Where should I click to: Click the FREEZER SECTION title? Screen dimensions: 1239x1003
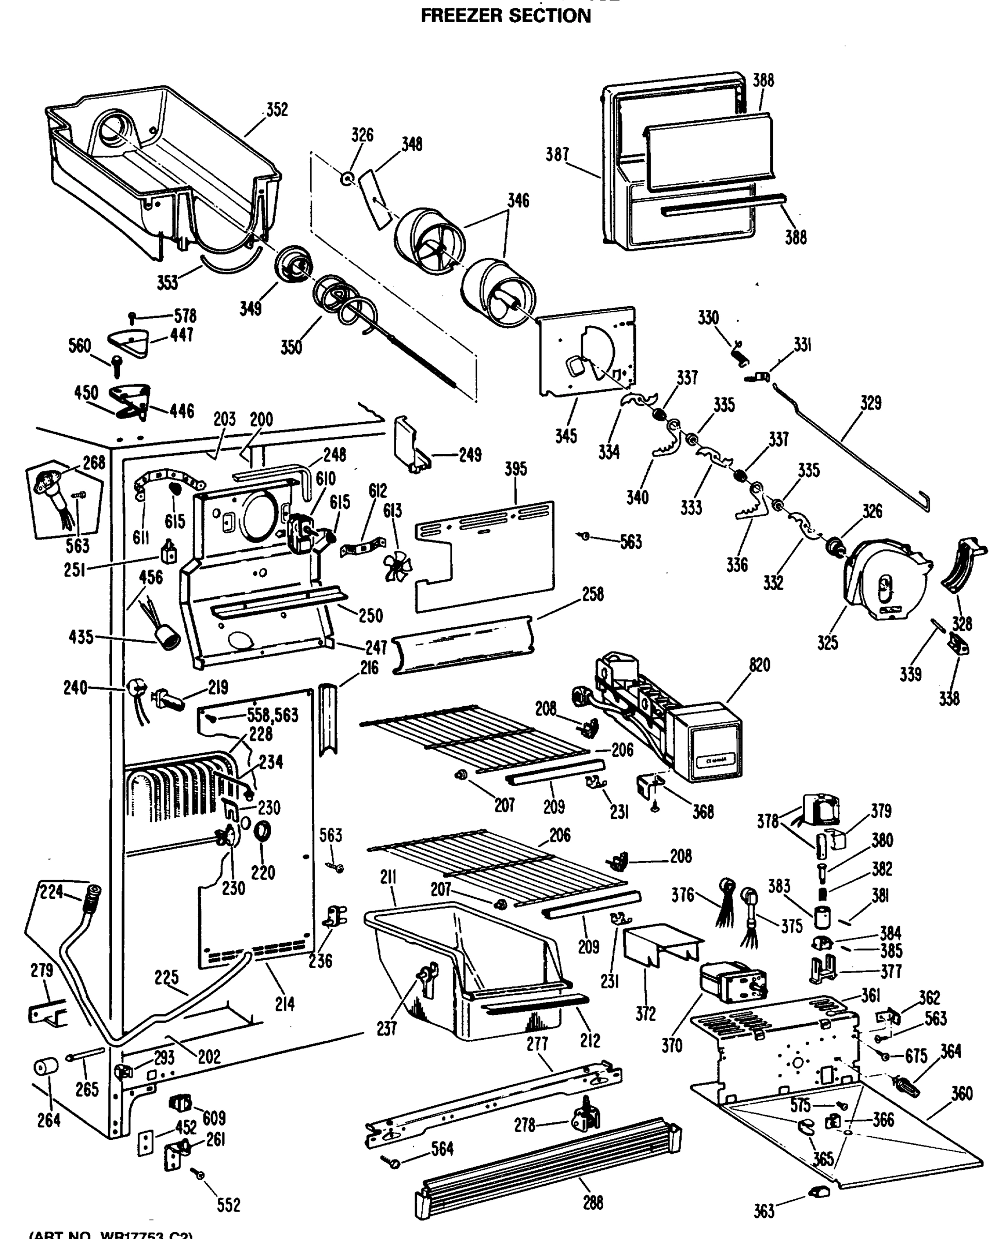tap(505, 16)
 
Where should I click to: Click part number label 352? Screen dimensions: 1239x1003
tap(277, 109)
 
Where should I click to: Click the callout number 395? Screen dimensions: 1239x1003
tap(515, 469)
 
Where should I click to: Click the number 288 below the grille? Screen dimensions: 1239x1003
tap(593, 1202)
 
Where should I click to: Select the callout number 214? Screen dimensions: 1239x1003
tap(285, 1004)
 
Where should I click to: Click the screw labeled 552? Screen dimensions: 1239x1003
tap(200, 1174)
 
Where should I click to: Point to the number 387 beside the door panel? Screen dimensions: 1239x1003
tap(558, 154)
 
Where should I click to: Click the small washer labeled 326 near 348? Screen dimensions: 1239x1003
tap(348, 178)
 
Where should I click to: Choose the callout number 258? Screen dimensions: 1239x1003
tap(593, 595)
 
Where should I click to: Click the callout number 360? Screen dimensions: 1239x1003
tap(961, 1093)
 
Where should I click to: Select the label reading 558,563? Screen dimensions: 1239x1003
tap(272, 716)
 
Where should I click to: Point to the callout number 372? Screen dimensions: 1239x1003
tap(645, 1013)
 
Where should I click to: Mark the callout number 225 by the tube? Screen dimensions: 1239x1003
tap(166, 977)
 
